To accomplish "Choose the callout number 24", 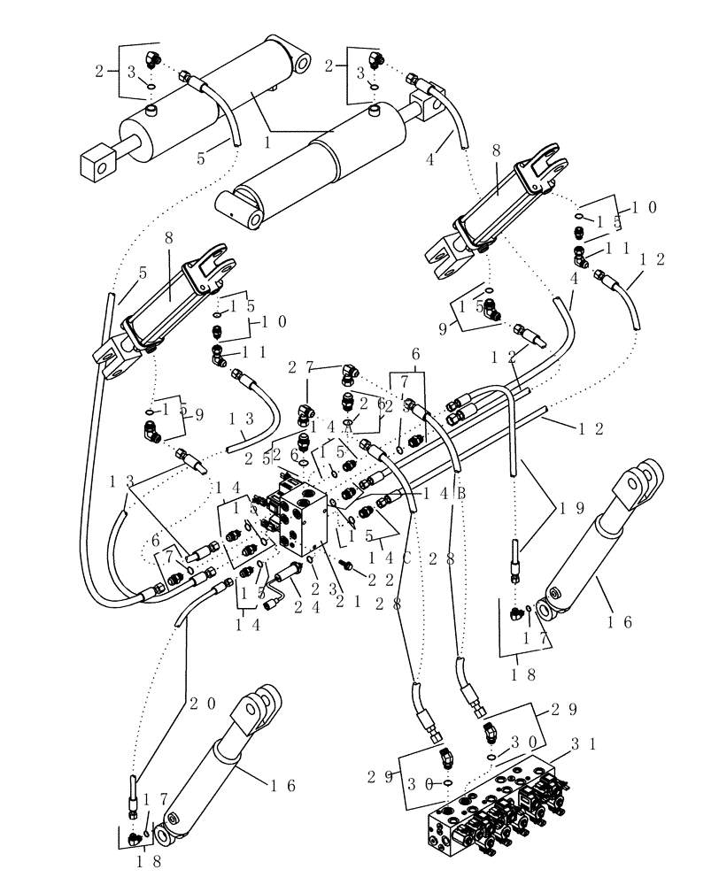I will click(303, 607).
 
